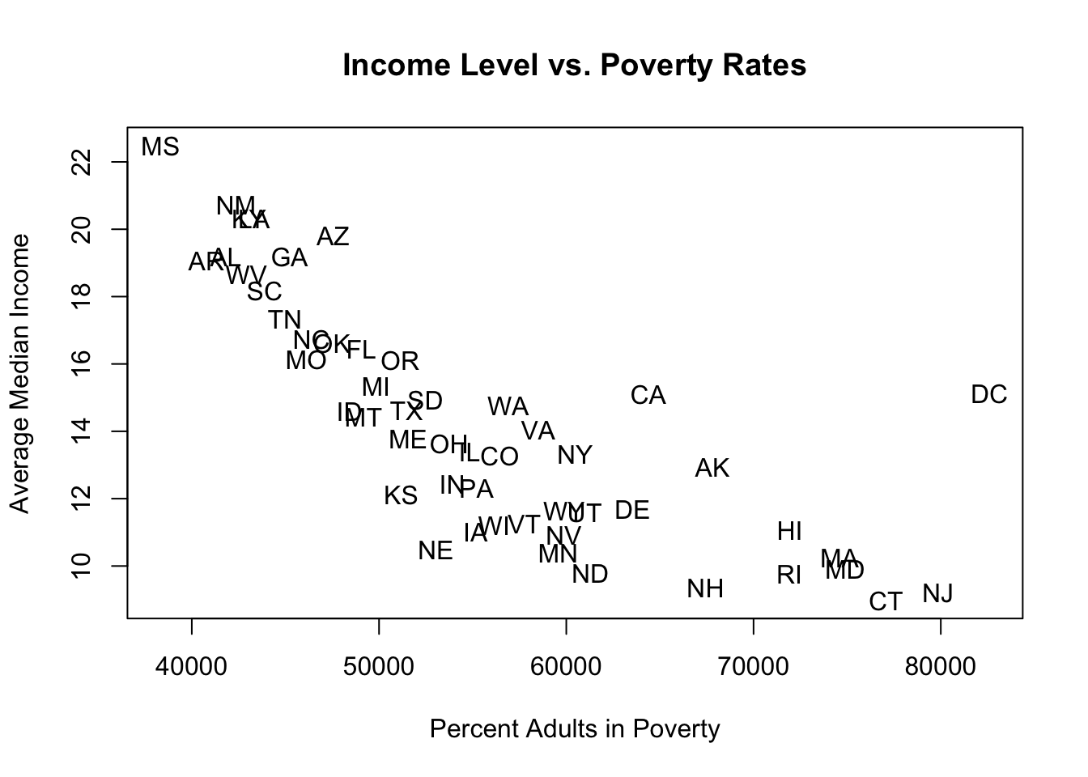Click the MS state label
click(x=160, y=147)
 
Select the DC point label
click(x=988, y=395)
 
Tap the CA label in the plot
click(x=648, y=396)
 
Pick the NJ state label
click(x=937, y=594)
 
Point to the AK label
click(x=712, y=469)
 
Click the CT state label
click(x=886, y=602)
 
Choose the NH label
click(x=705, y=589)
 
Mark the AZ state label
click(x=333, y=236)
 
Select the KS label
click(x=401, y=495)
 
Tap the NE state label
click(x=436, y=551)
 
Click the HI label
click(x=789, y=532)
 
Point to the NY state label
click(x=575, y=456)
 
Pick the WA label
click(x=508, y=406)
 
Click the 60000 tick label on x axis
click(x=566, y=667)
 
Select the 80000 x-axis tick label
click(x=941, y=667)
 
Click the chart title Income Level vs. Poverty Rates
click(x=574, y=65)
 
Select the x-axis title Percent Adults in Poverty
click(x=574, y=729)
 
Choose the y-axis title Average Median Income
click(x=20, y=373)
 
